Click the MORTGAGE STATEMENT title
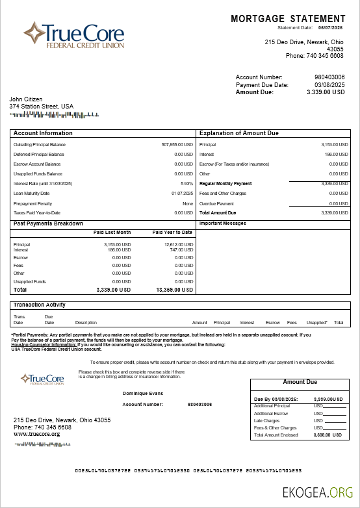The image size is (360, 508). pyautogui.click(x=288, y=19)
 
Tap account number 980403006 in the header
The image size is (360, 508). pyautogui.click(x=329, y=77)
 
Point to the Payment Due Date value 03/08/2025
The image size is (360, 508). pyautogui.click(x=329, y=85)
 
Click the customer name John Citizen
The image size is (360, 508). pyautogui.click(x=26, y=99)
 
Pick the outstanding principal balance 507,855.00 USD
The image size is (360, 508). pyautogui.click(x=177, y=144)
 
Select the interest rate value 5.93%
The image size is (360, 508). pyautogui.click(x=187, y=183)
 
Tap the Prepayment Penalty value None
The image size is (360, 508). pyautogui.click(x=188, y=203)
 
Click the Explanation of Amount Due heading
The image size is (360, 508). pyautogui.click(x=238, y=133)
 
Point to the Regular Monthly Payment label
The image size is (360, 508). pyautogui.click(x=225, y=184)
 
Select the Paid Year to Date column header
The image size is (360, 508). pyautogui.click(x=172, y=232)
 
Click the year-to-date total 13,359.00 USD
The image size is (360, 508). pyautogui.click(x=175, y=290)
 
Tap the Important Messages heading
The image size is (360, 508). pyautogui.click(x=223, y=223)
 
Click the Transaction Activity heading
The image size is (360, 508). pyautogui.click(x=40, y=305)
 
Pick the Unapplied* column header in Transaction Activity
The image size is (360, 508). pyautogui.click(x=316, y=322)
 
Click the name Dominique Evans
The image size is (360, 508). pyautogui.click(x=142, y=393)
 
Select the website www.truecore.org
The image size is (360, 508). pyautogui.click(x=37, y=434)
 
